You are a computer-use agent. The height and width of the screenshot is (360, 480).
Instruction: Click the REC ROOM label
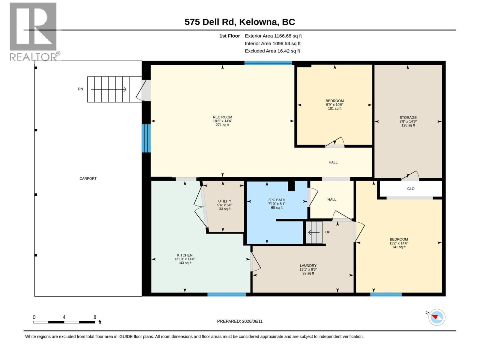[x=222, y=117]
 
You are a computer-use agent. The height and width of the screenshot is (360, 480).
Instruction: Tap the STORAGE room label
[x=408, y=118]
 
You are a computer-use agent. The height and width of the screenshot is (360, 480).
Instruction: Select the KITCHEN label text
[x=185, y=255]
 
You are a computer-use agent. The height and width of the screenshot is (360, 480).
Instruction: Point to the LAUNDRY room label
[x=308, y=265]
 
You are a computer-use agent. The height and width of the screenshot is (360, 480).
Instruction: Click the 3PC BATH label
[x=277, y=200]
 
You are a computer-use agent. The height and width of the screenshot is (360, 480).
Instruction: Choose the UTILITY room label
[x=225, y=201]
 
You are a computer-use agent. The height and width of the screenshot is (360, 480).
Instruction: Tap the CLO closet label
[x=411, y=189]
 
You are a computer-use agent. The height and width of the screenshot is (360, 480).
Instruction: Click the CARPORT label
[x=88, y=178]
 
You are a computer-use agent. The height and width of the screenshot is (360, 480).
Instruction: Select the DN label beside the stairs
[x=80, y=89]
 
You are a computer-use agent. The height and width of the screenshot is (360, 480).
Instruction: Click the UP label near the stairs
[x=328, y=232]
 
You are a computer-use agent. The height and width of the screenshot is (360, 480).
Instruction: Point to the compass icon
[x=436, y=317]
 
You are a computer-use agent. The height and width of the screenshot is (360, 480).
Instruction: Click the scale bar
[x=64, y=322]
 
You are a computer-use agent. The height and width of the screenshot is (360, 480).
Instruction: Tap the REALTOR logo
[x=35, y=32]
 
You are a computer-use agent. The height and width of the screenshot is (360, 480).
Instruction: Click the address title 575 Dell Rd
[x=209, y=22]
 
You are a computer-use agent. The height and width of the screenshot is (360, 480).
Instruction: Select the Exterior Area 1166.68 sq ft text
[x=273, y=36]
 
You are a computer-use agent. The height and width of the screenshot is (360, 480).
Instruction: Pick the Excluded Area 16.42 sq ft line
[x=272, y=51]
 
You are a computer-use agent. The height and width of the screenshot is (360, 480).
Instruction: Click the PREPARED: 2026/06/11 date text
[x=240, y=321]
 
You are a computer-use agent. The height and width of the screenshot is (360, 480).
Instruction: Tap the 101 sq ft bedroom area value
[x=334, y=108]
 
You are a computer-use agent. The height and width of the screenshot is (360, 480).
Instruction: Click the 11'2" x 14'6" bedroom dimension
[x=399, y=243]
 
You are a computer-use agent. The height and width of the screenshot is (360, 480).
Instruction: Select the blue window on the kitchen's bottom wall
[x=226, y=294]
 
